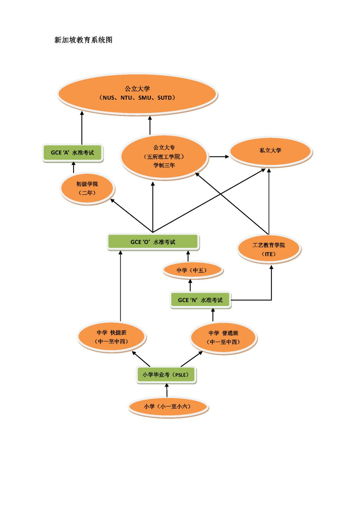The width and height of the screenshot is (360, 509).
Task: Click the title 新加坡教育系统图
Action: [x=83, y=40]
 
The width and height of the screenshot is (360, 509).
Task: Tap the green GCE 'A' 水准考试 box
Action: [x=72, y=153]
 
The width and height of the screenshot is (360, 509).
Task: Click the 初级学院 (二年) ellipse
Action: [x=87, y=188]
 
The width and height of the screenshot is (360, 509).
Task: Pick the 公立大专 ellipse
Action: [x=164, y=156]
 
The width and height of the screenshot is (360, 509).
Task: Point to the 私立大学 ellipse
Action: [x=270, y=151]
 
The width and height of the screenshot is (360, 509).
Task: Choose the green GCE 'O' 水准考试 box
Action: [x=153, y=242]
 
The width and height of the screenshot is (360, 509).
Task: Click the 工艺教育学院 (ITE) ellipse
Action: [x=269, y=249]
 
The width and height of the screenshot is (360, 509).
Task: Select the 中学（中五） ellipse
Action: [x=192, y=270]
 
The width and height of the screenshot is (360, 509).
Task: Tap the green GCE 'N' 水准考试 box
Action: [x=200, y=300]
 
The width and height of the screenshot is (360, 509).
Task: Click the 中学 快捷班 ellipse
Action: [x=112, y=337]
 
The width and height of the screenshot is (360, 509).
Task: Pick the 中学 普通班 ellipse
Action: [x=223, y=337]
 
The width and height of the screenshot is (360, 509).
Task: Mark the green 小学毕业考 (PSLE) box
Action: [x=166, y=375]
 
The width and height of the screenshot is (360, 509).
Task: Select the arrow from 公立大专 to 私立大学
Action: [x=219, y=156]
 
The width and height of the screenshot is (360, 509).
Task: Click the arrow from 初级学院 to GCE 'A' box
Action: [x=74, y=168]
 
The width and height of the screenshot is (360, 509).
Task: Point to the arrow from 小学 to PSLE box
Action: [x=167, y=390]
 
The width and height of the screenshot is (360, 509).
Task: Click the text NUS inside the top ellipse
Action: [x=109, y=98]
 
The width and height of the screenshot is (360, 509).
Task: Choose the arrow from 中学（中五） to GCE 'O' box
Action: [x=188, y=256]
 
